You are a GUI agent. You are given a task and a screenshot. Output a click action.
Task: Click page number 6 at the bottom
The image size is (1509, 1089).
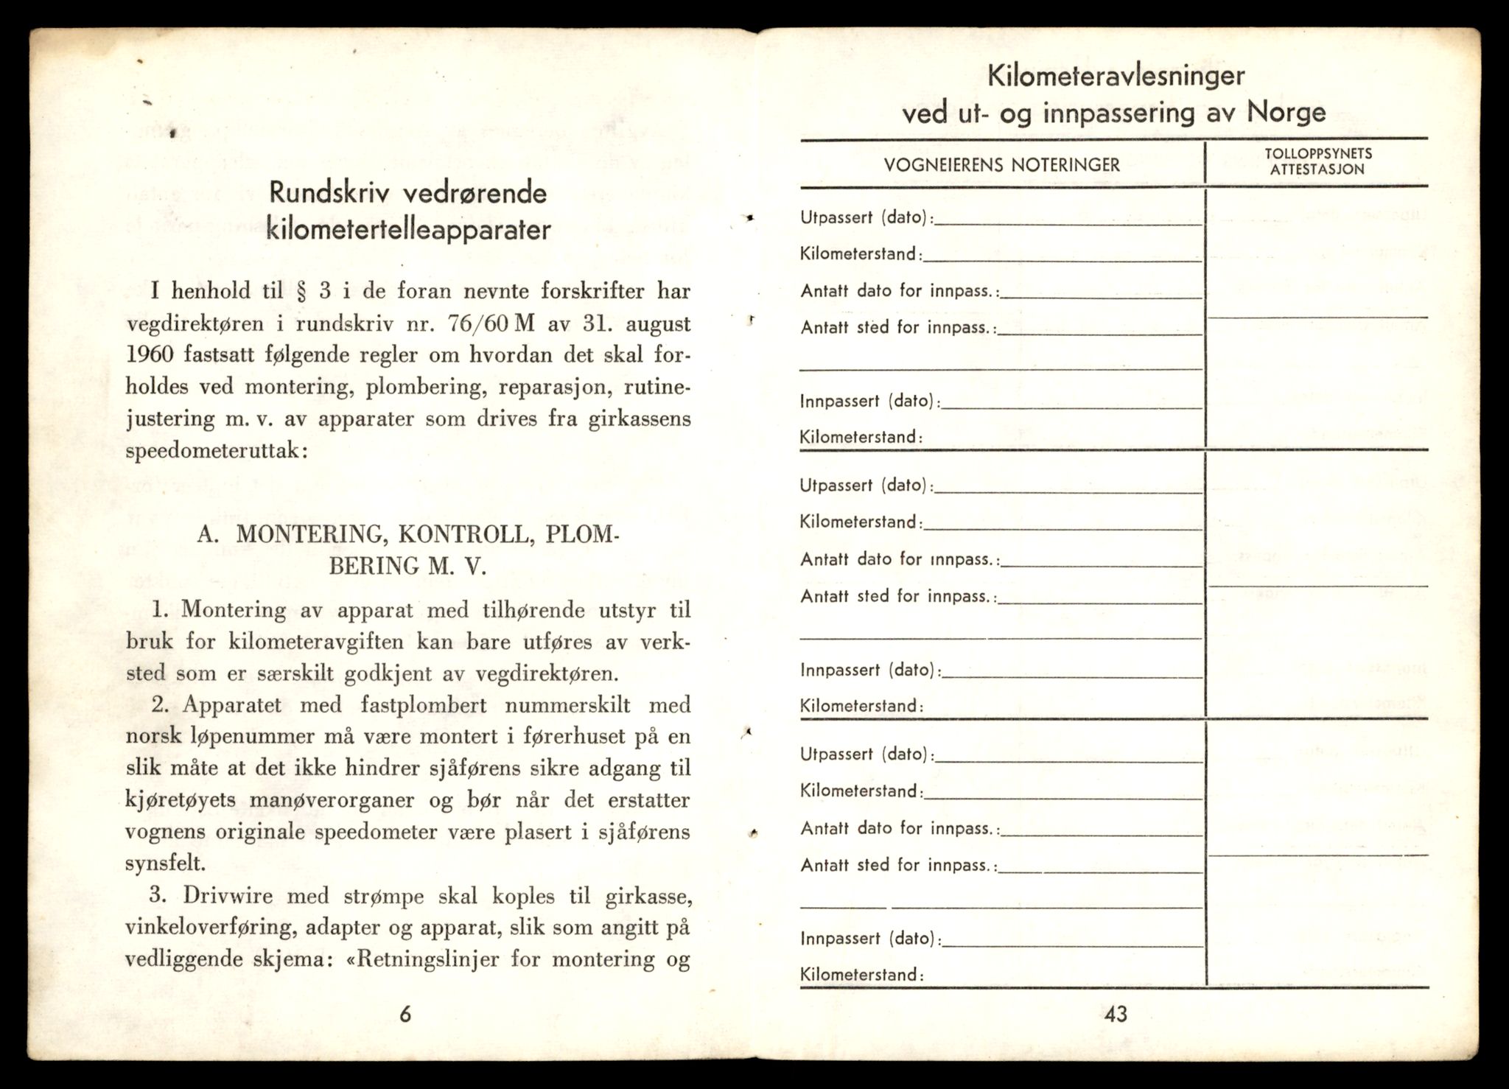(x=405, y=1015)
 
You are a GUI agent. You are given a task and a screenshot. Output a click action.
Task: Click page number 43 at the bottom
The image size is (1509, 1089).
(x=1116, y=1015)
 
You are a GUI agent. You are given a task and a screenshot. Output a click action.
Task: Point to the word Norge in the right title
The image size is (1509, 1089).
(x=1286, y=113)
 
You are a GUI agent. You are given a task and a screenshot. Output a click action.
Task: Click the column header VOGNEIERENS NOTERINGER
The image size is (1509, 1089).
(x=1001, y=165)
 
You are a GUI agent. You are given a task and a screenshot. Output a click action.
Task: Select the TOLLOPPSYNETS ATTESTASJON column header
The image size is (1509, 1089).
(x=1318, y=161)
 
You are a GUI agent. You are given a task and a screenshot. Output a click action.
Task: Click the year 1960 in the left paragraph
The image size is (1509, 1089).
(x=150, y=355)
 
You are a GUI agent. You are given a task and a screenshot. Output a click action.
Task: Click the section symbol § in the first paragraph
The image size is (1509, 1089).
(x=299, y=291)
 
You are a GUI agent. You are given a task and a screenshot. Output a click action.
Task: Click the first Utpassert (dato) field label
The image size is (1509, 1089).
(x=865, y=218)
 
